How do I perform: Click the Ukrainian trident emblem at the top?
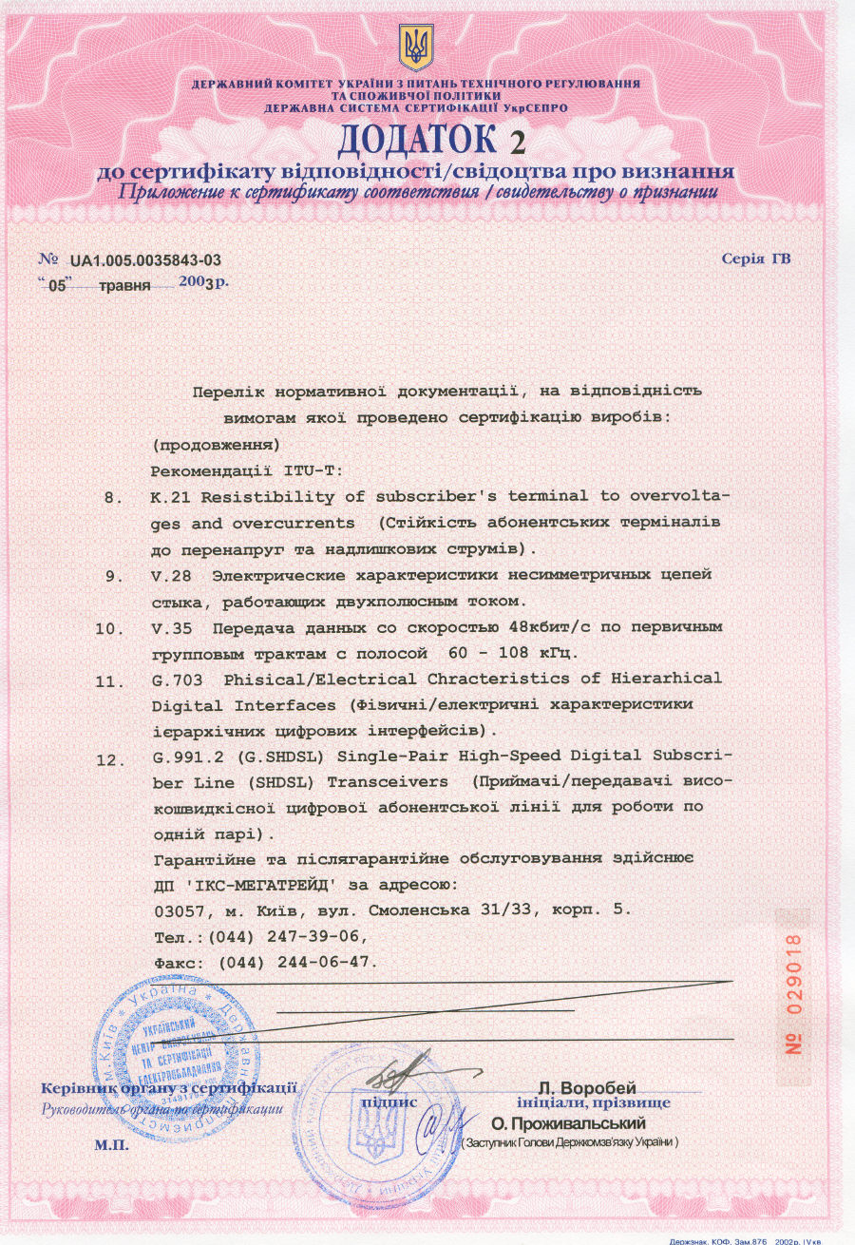point(416,48)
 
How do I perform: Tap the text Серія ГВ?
point(756,259)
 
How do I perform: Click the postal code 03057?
point(176,910)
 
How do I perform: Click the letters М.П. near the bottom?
point(111,1145)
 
